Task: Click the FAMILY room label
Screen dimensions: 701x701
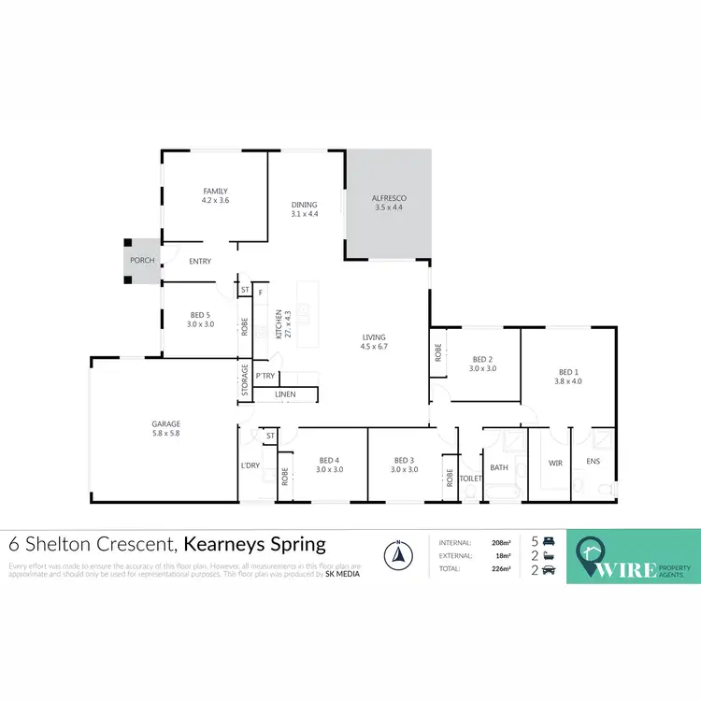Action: pos(215,191)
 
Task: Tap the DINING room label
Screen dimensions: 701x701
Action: pos(304,205)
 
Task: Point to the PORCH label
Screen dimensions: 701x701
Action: pos(142,261)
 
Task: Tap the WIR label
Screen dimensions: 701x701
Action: pos(555,463)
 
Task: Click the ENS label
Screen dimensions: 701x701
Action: pos(593,463)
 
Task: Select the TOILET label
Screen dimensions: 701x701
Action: pos(471,478)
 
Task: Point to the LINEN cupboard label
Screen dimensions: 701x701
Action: pos(285,394)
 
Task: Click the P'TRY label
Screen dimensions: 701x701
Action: pos(265,377)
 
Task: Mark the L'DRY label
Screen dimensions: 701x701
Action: pos(250,465)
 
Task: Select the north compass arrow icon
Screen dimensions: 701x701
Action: pos(399,555)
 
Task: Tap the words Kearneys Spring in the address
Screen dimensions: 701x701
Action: pos(254,543)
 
